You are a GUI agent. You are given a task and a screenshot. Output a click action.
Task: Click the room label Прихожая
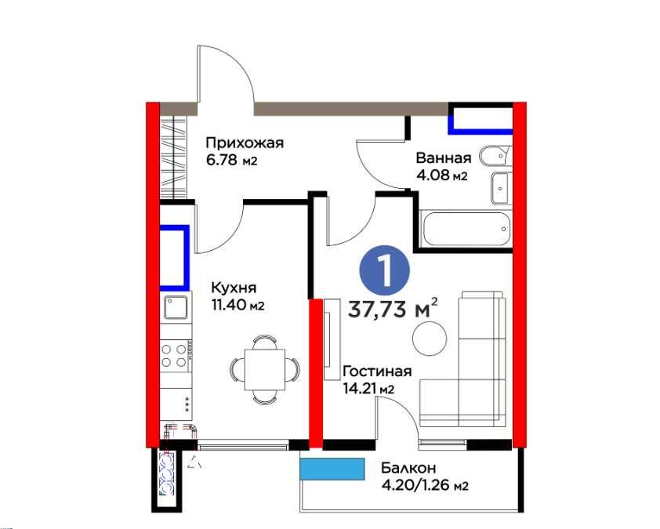244,143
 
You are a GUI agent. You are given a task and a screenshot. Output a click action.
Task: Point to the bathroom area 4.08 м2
441,176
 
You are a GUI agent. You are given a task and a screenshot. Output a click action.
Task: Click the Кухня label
234,288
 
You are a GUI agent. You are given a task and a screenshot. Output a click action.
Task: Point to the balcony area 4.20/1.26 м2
425,485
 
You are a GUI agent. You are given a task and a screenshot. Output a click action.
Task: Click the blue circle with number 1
385,270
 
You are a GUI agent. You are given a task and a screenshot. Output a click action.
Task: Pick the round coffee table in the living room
430,338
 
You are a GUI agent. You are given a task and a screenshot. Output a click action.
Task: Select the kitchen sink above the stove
177,308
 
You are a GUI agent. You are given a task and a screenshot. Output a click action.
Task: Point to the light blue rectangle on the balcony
332,469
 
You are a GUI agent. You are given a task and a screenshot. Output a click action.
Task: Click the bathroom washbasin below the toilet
500,188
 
